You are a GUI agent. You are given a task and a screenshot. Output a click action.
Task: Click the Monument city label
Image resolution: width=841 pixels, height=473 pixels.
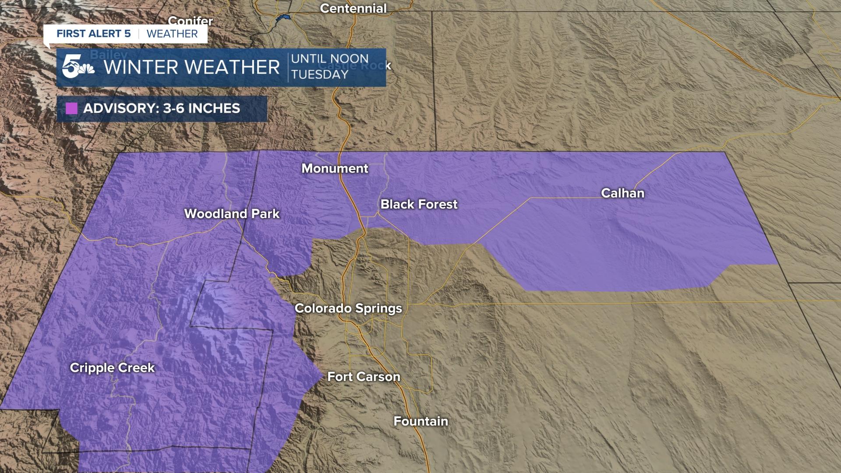click(x=335, y=169)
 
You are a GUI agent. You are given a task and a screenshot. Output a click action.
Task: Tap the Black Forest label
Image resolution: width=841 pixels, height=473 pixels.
click(x=419, y=204)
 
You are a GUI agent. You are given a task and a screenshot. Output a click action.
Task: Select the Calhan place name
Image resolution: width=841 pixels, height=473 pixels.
click(x=622, y=193)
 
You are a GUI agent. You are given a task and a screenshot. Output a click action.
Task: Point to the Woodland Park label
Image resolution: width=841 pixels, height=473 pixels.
click(x=232, y=214)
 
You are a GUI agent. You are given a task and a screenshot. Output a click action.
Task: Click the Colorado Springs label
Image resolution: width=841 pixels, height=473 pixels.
click(x=348, y=308)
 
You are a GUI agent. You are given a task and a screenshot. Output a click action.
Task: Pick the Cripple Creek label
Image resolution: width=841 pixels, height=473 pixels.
click(x=112, y=368)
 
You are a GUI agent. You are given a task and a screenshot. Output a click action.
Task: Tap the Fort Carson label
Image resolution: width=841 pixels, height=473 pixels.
click(x=364, y=377)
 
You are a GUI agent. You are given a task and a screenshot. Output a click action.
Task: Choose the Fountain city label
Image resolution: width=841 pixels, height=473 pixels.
click(x=420, y=421)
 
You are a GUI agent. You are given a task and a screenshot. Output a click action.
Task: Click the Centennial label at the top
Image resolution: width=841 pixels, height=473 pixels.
click(x=353, y=8)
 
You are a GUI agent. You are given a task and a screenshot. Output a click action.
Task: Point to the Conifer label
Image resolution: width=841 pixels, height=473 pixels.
click(x=190, y=21)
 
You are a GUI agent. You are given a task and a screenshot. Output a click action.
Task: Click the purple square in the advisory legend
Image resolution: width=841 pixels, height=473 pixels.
click(x=71, y=109)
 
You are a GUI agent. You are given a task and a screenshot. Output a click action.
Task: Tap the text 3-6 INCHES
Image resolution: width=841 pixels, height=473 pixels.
click(x=201, y=109)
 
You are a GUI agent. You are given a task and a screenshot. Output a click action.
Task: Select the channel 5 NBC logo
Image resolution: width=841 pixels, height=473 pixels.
click(x=77, y=67)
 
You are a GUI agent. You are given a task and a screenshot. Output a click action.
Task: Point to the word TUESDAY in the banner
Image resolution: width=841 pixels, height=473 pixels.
click(x=320, y=74)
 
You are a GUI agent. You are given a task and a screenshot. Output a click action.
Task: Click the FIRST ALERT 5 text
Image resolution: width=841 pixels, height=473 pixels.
click(x=94, y=34)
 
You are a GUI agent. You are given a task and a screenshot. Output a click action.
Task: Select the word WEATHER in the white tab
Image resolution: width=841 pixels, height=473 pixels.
click(x=172, y=34)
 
